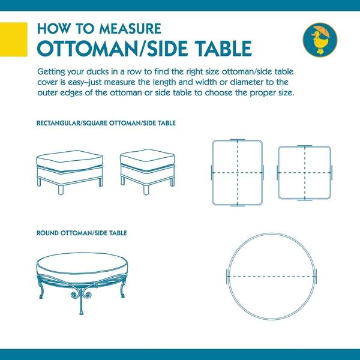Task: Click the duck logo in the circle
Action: click(320, 40)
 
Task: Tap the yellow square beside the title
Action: click(14, 39)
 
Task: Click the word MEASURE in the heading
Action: click(130, 29)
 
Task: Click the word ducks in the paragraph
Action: click(97, 71)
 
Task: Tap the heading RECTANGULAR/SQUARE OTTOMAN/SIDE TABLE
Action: click(106, 123)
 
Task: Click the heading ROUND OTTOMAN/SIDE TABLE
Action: click(82, 233)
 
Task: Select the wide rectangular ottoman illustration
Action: click(70, 172)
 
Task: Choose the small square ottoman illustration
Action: click(148, 172)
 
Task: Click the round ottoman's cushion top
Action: click(82, 264)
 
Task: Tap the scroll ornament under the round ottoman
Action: click(80, 293)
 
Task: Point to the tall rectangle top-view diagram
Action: click(238, 172)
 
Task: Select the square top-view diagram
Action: click(304, 173)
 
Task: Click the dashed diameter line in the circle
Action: click(272, 277)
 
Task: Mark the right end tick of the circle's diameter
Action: click(316, 277)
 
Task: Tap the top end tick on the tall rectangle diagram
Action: click(237, 140)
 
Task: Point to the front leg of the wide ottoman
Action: click(61, 190)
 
